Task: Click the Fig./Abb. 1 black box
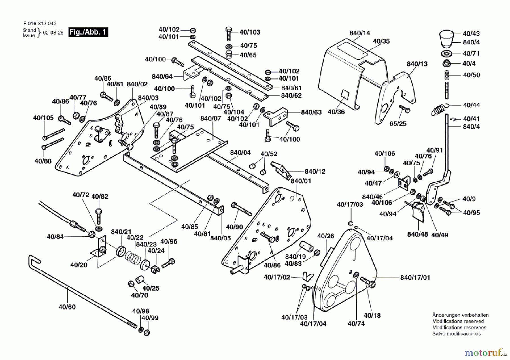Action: pyautogui.click(x=88, y=32)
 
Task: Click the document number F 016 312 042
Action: pyautogui.click(x=40, y=24)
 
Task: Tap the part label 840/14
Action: pyautogui.click(x=360, y=33)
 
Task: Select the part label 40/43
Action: pyautogui.click(x=471, y=34)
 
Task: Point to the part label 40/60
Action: pyautogui.click(x=67, y=307)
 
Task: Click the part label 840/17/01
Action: pyautogui.click(x=415, y=278)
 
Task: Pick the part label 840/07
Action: pyautogui.click(x=211, y=118)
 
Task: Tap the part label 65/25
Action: pyautogui.click(x=398, y=124)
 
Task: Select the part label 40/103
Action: pyautogui.click(x=250, y=32)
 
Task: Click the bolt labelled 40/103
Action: pyautogui.click(x=229, y=33)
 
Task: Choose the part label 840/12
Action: pyautogui.click(x=315, y=171)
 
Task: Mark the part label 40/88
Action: pyautogui.click(x=43, y=161)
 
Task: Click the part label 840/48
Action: pyautogui.click(x=417, y=234)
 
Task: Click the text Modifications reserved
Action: pyautogui.click(x=458, y=321)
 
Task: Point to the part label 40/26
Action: pyautogui.click(x=326, y=236)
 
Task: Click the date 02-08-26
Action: pyautogui.click(x=53, y=33)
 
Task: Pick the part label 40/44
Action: pyautogui.click(x=471, y=105)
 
